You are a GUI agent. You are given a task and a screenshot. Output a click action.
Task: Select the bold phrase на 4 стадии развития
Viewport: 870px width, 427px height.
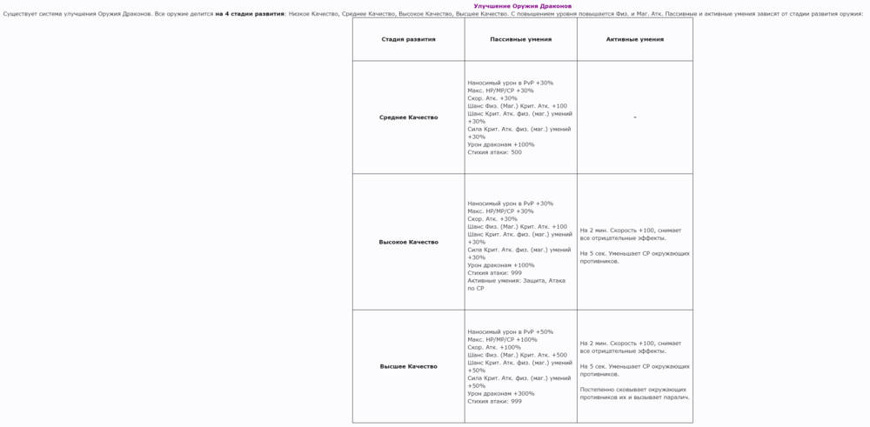coord(250,14)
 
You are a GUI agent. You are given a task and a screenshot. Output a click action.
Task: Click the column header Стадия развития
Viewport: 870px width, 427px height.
coord(408,39)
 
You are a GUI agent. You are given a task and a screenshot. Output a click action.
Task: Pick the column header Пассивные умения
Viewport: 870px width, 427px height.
coord(520,39)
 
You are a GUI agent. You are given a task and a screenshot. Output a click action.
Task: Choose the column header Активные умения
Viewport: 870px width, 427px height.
coord(634,39)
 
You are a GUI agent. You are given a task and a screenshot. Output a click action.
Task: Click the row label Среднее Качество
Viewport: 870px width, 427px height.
coord(408,117)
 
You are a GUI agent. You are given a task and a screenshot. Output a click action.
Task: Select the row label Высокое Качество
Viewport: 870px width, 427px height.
coord(408,242)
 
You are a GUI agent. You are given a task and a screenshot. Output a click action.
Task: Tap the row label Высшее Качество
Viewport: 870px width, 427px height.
coord(408,366)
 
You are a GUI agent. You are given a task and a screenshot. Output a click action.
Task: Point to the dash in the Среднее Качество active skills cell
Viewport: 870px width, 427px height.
coord(635,117)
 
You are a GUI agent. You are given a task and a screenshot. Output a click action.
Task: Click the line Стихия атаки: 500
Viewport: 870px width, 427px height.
coord(494,152)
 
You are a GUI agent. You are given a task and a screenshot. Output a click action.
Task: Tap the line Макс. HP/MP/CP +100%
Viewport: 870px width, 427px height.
coord(502,339)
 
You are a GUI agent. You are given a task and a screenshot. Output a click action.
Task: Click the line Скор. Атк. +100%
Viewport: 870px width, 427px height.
coord(494,347)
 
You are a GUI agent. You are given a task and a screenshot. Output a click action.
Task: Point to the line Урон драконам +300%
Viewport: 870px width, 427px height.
coord(501,393)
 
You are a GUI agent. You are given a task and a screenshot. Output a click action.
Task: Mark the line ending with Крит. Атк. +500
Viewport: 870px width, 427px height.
coord(517,355)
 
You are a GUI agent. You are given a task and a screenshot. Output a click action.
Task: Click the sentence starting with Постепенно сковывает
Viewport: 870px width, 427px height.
coord(634,393)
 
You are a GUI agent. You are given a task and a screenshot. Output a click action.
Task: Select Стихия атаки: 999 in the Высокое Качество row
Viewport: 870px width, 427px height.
coord(494,273)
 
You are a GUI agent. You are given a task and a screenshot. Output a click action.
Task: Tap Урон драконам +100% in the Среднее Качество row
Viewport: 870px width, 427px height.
coord(501,144)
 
